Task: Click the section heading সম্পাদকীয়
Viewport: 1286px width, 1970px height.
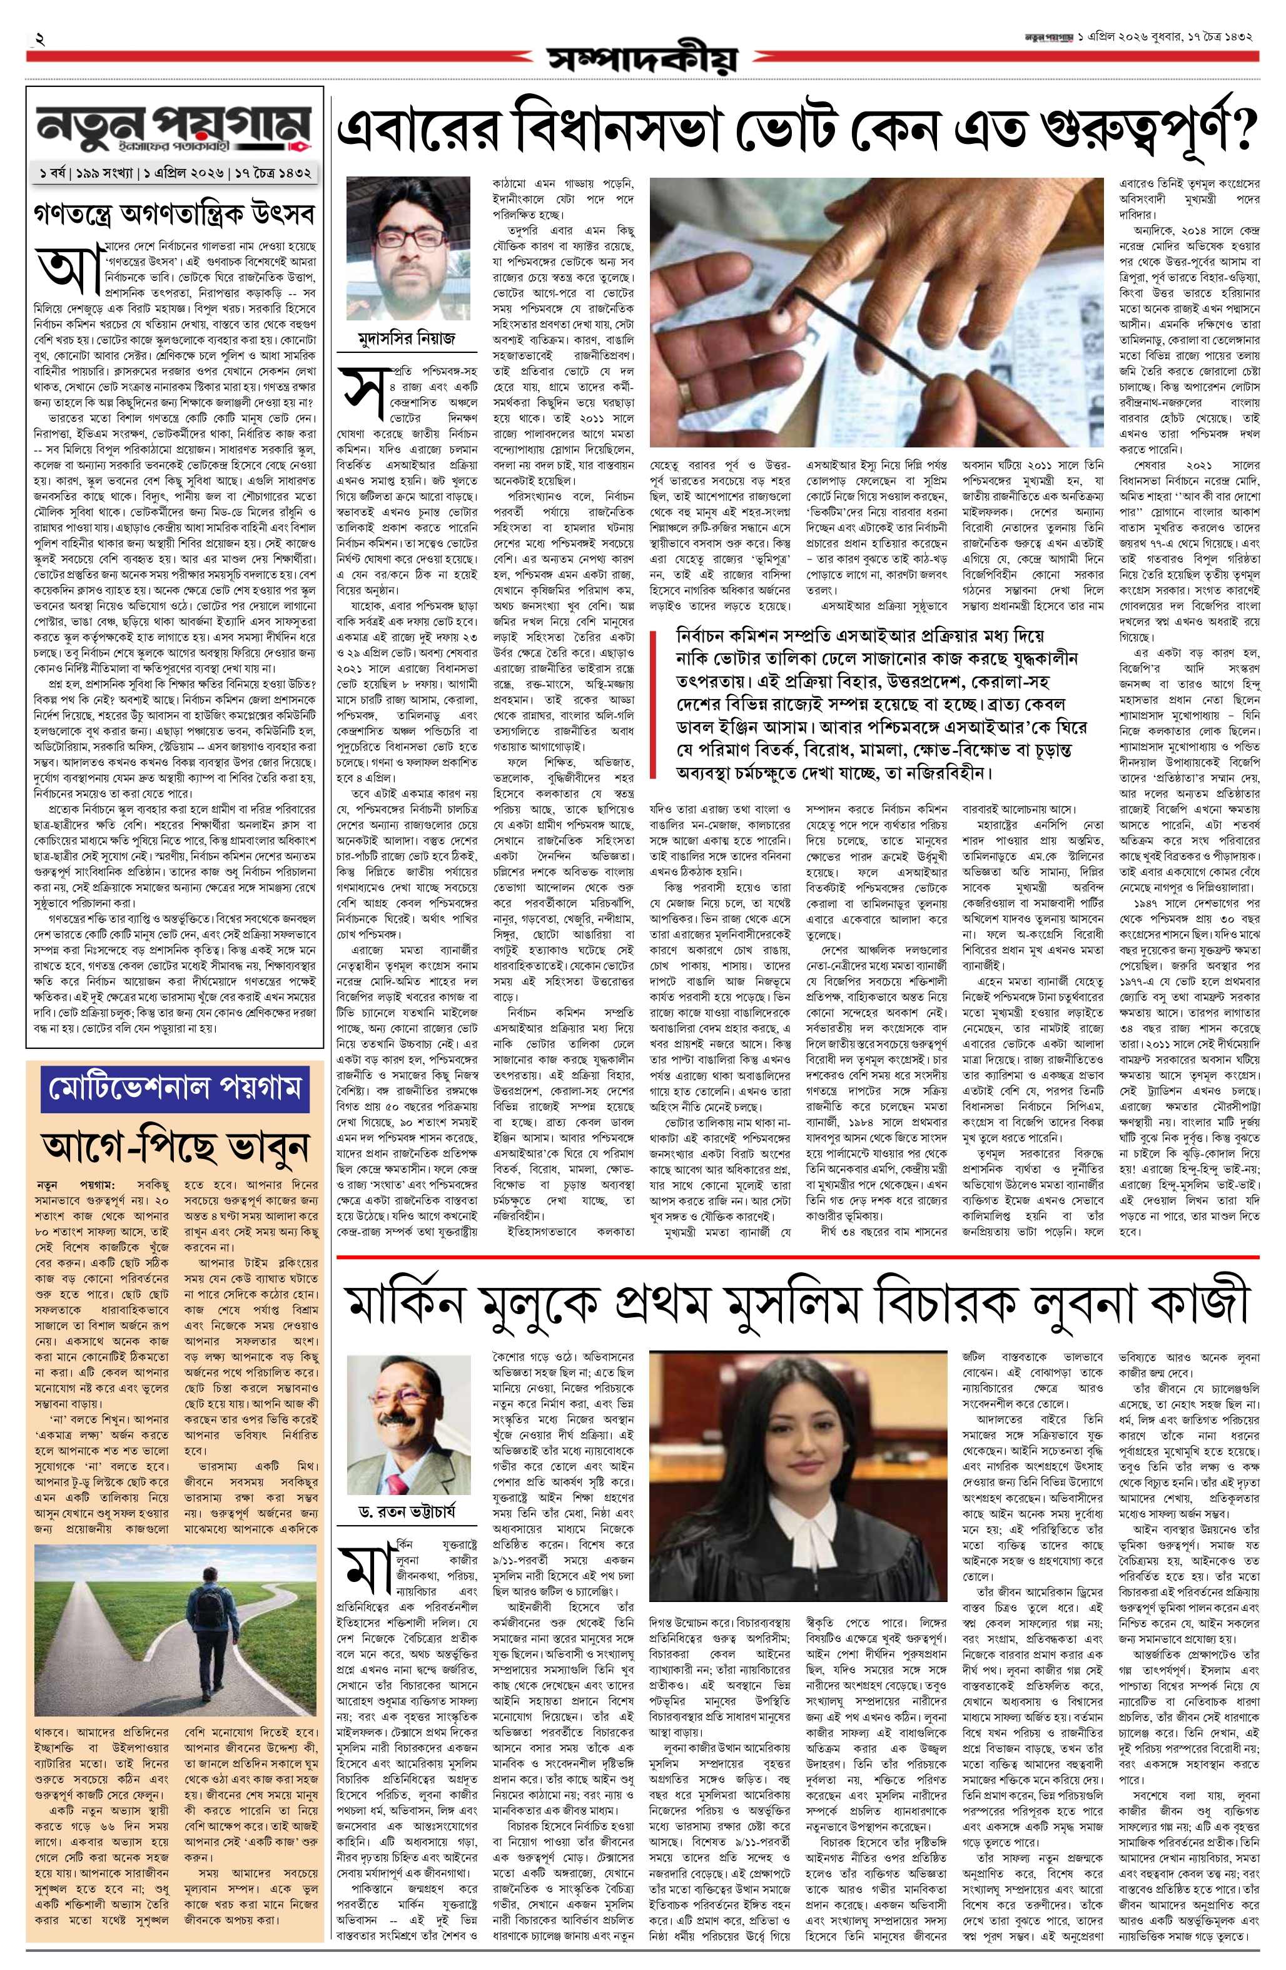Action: [641, 59]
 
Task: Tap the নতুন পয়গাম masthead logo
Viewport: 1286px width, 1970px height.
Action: [175, 128]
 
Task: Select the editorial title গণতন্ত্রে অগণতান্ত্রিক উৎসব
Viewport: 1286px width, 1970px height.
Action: [175, 213]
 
